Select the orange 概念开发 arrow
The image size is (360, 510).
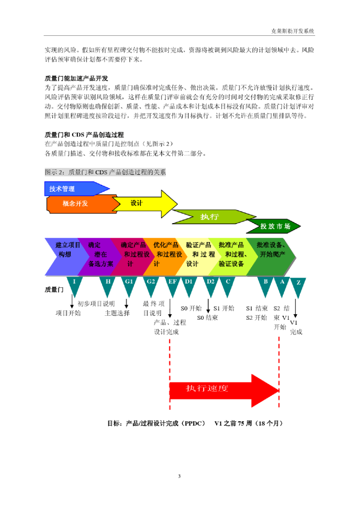click(x=77, y=204)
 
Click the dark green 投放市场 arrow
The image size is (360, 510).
click(x=274, y=227)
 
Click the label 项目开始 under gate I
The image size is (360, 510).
click(x=68, y=313)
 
